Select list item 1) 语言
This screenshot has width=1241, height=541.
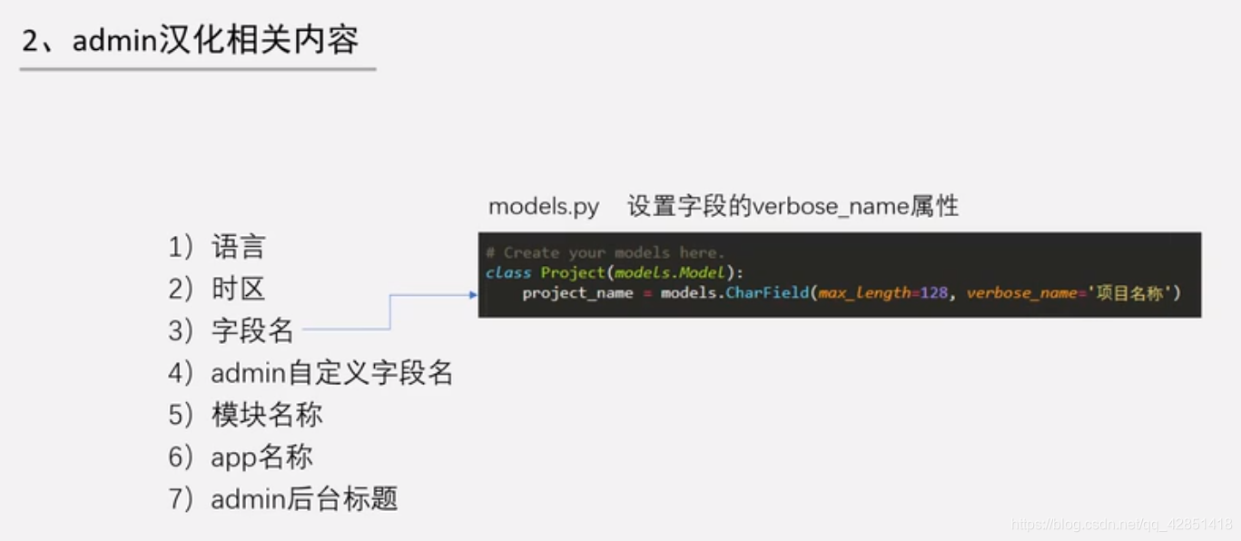coord(217,247)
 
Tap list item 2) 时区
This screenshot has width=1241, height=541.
coord(217,289)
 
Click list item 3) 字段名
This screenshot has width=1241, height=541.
coord(231,331)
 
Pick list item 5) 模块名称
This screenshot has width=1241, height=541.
coord(245,415)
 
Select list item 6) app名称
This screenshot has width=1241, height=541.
coord(241,457)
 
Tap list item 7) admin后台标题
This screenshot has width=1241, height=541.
coord(283,498)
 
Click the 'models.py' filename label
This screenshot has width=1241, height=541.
coord(544,207)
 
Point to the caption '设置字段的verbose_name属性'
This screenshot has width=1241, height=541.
coord(793,207)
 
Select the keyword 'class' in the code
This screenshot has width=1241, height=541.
coord(507,272)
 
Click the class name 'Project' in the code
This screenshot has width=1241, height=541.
coord(573,272)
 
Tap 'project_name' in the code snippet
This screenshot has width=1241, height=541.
coord(577,293)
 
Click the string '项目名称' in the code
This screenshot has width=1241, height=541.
coord(1129,293)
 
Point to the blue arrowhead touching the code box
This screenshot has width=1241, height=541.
coord(473,295)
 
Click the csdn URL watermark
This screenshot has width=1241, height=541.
coord(1122,525)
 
